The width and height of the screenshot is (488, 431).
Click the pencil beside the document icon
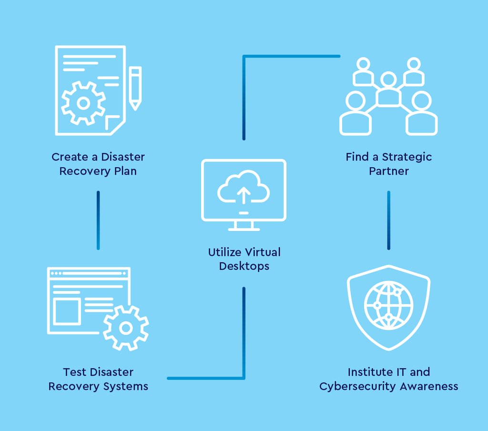tap(135, 88)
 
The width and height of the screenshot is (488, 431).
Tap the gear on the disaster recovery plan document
tap(83, 103)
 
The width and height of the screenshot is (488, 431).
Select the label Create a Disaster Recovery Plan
tap(98, 164)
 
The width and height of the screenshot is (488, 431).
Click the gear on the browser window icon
tap(126, 328)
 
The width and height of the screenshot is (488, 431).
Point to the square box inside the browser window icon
tap(67, 311)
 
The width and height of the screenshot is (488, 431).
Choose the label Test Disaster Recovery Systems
tap(98, 379)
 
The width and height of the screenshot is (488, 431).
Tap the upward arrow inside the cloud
tap(244, 195)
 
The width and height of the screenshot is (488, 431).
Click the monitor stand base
tap(244, 229)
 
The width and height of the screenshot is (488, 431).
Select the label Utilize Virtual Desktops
tap(244, 259)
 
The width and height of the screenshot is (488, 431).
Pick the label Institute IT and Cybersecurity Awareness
tap(389, 379)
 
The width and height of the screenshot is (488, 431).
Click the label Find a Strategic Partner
tap(389, 164)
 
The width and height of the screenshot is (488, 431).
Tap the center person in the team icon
tap(388, 90)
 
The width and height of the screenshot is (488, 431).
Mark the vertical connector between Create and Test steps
tap(98, 220)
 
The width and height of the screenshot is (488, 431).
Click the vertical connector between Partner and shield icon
tap(389, 220)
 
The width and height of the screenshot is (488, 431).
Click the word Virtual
tap(262, 252)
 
